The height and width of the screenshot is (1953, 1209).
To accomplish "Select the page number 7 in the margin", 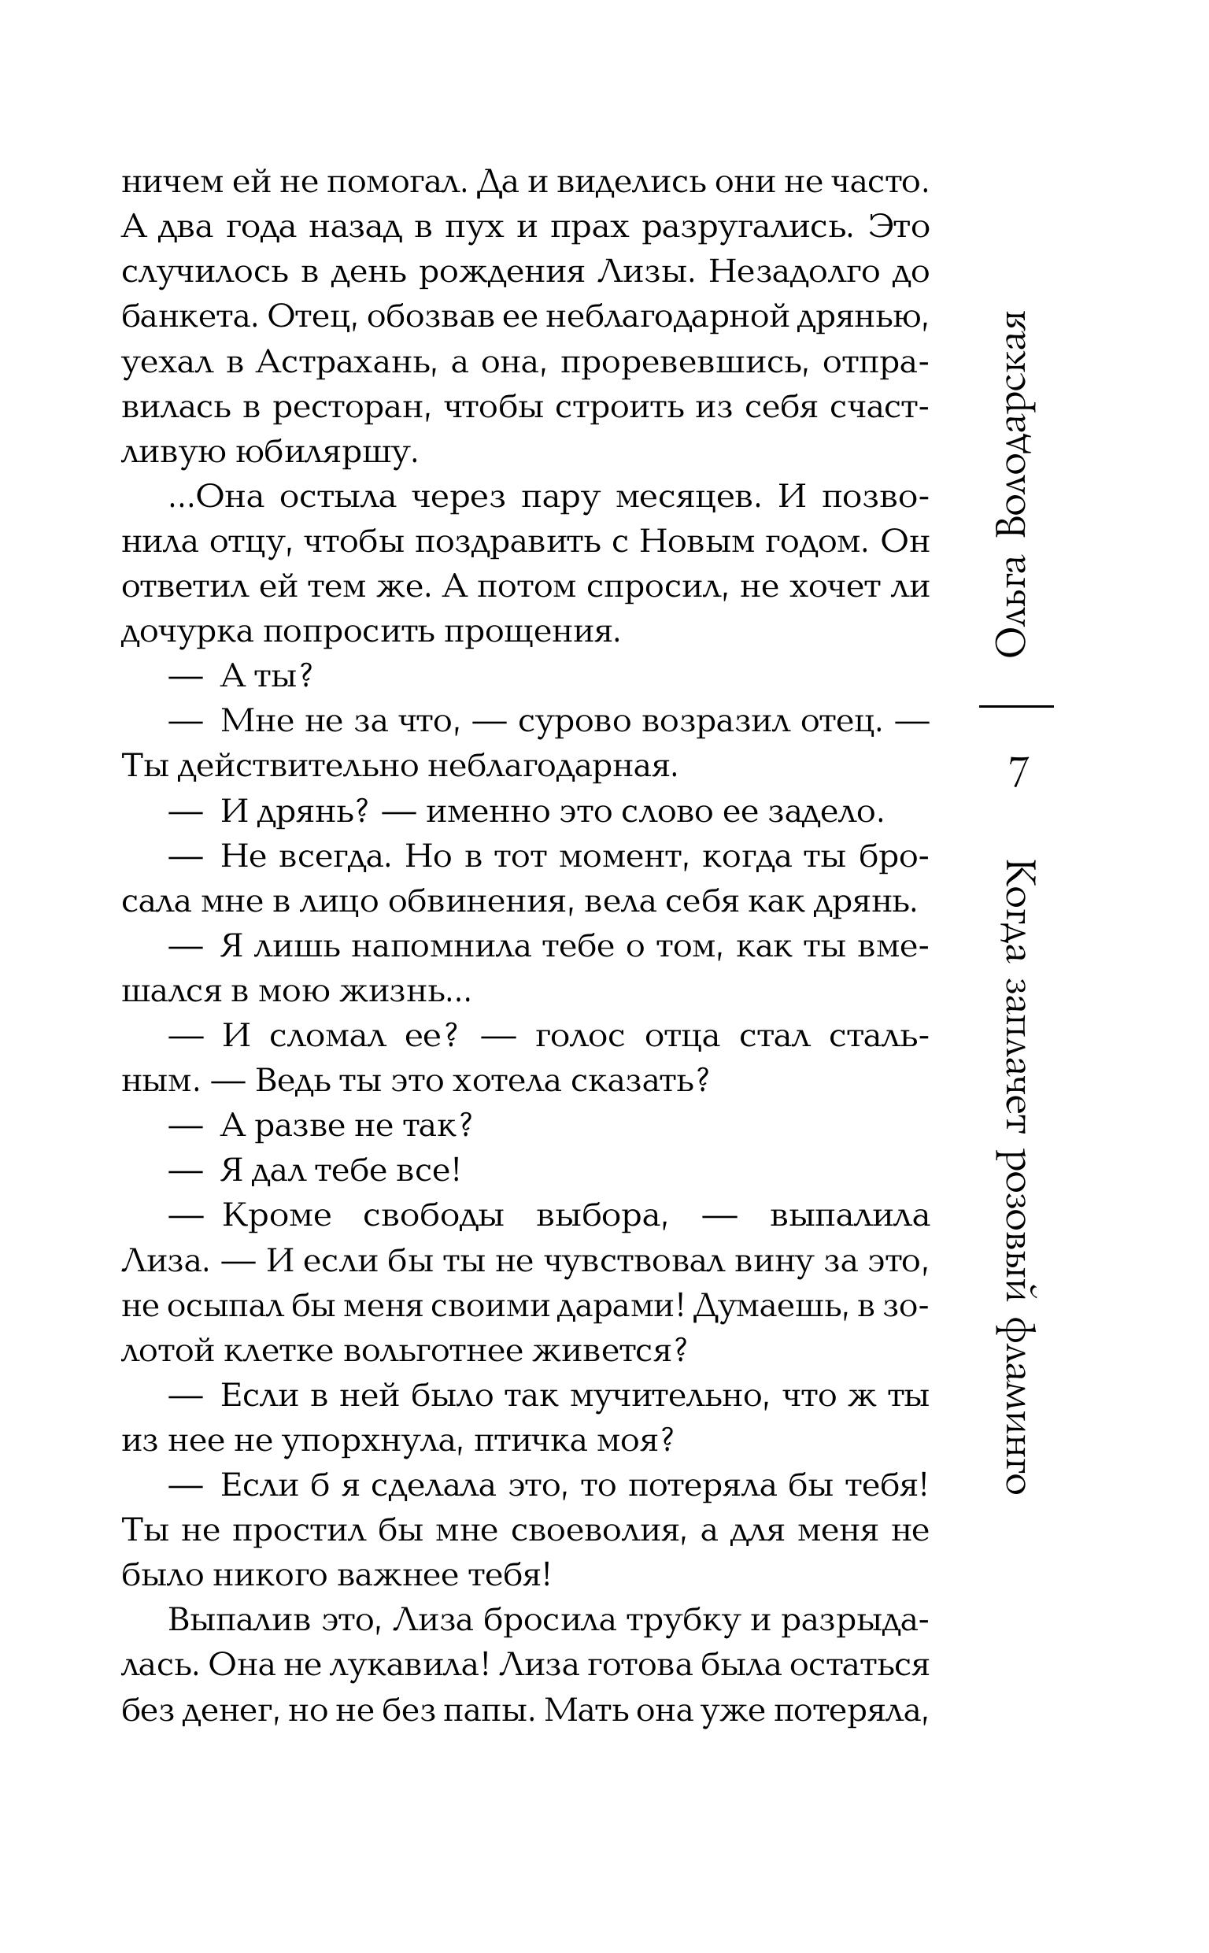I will point(1017,772).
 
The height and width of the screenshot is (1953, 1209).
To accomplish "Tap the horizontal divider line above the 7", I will point(1016,707).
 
